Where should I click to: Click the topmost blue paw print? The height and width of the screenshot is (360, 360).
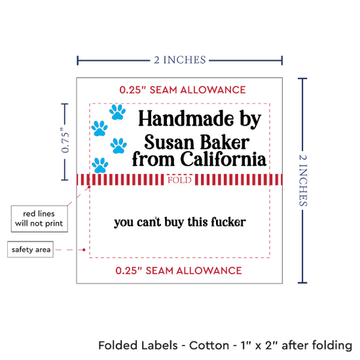(117, 112)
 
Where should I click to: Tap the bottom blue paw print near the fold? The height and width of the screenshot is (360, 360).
(100, 165)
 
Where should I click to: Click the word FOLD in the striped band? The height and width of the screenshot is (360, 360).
(179, 180)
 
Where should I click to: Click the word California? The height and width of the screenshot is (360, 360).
(223, 159)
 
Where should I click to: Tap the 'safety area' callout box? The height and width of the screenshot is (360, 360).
(31, 249)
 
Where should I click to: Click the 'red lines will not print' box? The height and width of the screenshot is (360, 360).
(39, 219)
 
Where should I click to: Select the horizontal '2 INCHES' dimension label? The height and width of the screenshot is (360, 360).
(180, 60)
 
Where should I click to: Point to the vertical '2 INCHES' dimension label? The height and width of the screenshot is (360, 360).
(303, 181)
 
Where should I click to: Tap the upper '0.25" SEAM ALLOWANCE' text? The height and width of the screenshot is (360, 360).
(183, 90)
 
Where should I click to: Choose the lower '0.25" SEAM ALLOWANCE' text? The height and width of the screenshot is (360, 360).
(179, 271)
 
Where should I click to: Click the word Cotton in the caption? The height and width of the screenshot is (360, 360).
(209, 346)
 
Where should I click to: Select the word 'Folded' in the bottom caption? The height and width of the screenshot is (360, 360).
(118, 346)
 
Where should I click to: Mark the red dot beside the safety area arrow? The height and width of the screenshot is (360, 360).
(84, 249)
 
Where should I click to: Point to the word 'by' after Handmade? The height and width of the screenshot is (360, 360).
(251, 119)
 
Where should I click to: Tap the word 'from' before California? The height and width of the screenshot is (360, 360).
(153, 159)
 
